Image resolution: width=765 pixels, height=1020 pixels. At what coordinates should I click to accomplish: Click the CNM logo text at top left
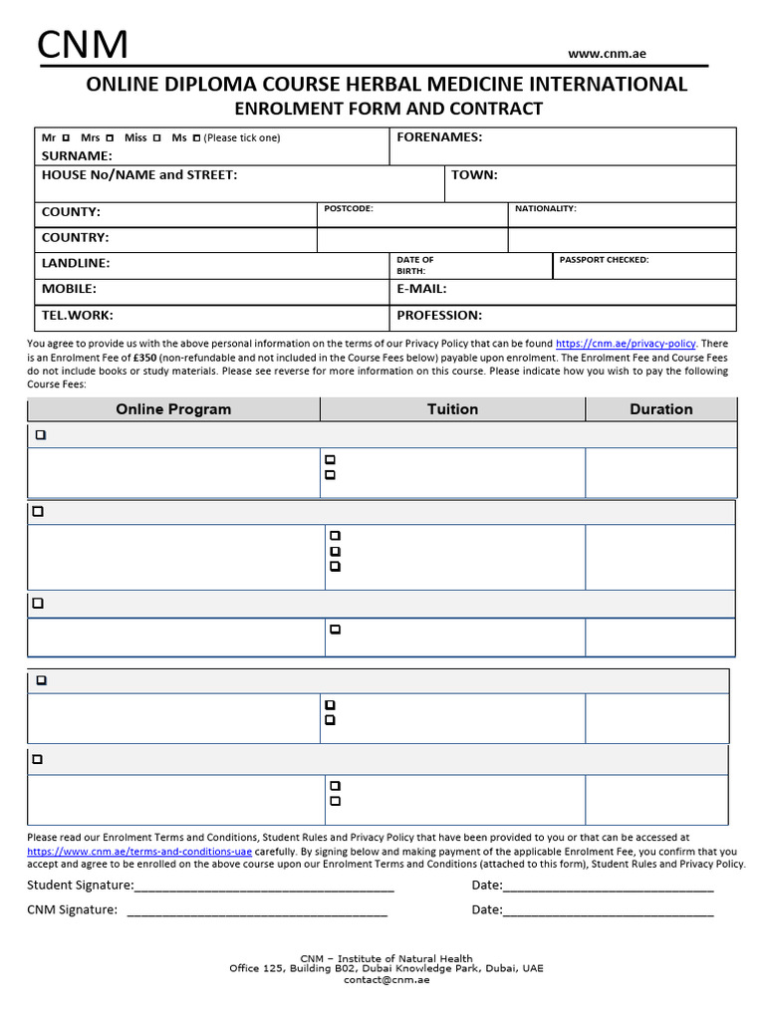pos(83,45)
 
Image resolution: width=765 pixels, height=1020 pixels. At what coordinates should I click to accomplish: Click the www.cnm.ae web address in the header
pos(607,54)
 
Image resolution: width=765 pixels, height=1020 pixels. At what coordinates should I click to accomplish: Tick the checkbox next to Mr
pos(66,137)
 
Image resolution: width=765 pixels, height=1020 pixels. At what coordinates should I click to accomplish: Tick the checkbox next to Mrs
pos(110,137)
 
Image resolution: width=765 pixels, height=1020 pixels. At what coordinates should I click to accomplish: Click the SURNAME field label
pos(77,156)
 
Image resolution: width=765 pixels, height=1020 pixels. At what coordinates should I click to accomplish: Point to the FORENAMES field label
pos(439,137)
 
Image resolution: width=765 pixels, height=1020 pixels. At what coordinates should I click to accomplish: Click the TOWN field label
pos(474,175)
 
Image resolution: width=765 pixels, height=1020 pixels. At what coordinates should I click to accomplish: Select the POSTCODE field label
pos(349,208)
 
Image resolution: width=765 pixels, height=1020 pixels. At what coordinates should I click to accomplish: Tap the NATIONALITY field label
pos(545,208)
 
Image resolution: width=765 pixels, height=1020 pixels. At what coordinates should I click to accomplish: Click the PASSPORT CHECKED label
pos(604,260)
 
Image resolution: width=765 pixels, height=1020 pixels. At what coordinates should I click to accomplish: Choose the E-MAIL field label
pos(421,289)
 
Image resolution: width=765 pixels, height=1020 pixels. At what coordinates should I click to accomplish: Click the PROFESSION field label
pos(439,316)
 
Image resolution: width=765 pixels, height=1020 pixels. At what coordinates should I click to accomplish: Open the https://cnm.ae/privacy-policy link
pos(626,344)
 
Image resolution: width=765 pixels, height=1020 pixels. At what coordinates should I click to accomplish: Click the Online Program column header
pos(173,409)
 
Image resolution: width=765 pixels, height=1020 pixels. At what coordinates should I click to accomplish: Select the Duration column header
pos(660,409)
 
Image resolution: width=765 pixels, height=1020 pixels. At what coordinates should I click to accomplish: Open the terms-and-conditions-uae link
pos(139,852)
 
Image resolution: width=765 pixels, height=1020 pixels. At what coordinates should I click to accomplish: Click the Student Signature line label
pos(80,886)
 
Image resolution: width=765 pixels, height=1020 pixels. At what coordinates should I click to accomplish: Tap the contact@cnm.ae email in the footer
pos(386,979)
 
